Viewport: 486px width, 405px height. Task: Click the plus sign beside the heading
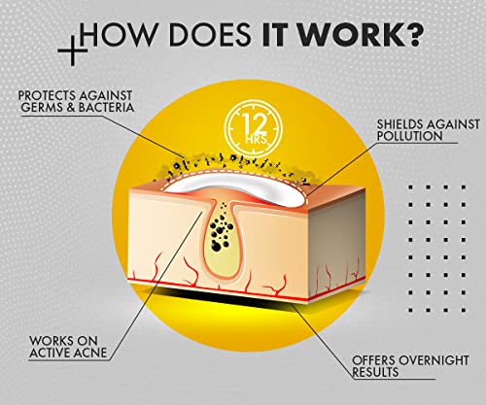pyautogui.click(x=73, y=51)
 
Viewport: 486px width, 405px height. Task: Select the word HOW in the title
pyautogui.click(x=116, y=34)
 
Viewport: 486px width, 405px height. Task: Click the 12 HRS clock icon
pyautogui.click(x=253, y=129)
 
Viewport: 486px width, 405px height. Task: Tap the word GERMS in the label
pyautogui.click(x=42, y=108)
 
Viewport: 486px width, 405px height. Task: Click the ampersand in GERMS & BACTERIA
pyautogui.click(x=71, y=108)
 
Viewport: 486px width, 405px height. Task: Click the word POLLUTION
pyautogui.click(x=409, y=136)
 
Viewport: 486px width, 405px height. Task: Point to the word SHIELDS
pyautogui.click(x=400, y=124)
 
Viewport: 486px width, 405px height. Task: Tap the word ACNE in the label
pyautogui.click(x=90, y=353)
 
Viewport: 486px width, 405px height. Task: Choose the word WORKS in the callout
pyautogui.click(x=52, y=341)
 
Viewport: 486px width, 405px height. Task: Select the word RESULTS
pyautogui.click(x=375, y=372)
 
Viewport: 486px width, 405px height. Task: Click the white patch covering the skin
pyautogui.click(x=235, y=186)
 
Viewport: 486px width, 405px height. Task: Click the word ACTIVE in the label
pyautogui.click(x=51, y=353)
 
